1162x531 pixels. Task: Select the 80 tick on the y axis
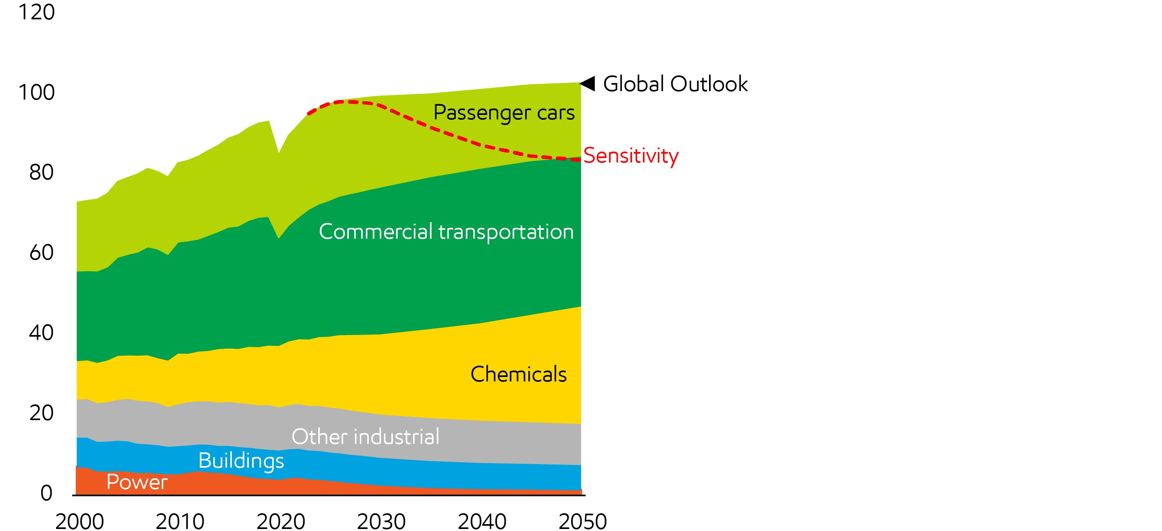(41, 172)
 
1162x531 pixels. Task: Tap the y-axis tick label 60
(41, 252)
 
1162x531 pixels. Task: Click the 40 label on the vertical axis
(41, 333)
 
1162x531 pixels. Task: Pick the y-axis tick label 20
(41, 413)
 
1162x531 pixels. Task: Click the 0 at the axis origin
(46, 493)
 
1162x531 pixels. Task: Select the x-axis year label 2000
(79, 522)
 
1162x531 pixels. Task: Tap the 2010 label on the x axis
(180, 522)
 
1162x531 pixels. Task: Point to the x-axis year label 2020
(281, 522)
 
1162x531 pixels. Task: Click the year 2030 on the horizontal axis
(381, 522)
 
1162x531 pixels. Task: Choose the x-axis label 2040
(482, 522)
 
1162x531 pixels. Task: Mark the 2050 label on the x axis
(582, 522)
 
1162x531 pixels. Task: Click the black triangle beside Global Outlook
(588, 83)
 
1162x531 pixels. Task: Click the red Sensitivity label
(631, 156)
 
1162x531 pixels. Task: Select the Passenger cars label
(503, 112)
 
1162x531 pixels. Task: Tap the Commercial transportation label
(446, 232)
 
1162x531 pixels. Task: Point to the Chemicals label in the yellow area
(518, 374)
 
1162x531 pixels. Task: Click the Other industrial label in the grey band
(365, 436)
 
